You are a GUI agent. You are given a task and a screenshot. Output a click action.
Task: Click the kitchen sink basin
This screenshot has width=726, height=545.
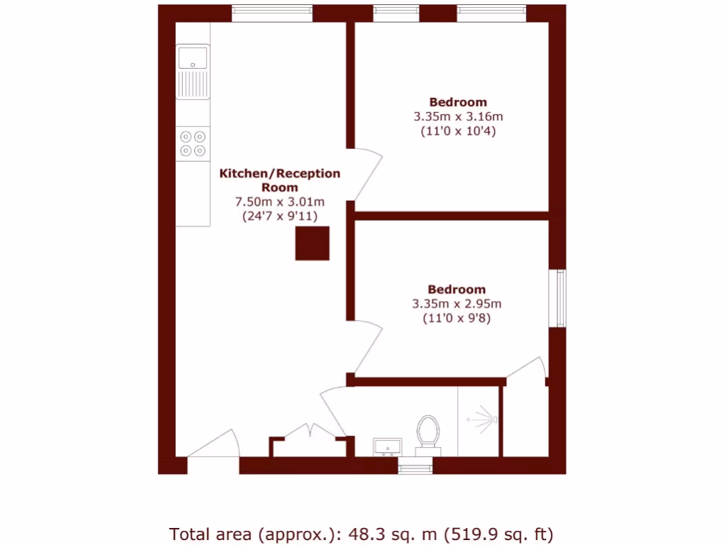[193, 57]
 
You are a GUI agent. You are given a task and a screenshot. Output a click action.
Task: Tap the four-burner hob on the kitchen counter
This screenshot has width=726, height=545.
[193, 143]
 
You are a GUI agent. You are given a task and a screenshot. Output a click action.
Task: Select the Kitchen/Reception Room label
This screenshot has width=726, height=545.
[279, 180]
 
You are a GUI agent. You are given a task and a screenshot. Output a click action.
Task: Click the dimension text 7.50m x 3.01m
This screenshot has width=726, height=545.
[279, 202]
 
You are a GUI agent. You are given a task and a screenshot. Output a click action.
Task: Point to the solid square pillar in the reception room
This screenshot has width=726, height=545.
[312, 243]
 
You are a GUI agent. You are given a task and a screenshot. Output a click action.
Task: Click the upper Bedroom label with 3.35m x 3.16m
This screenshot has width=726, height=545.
[458, 102]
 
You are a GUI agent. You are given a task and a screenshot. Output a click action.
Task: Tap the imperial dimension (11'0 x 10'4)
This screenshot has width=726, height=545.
[458, 131]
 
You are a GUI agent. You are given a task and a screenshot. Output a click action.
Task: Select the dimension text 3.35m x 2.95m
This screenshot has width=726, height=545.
[457, 304]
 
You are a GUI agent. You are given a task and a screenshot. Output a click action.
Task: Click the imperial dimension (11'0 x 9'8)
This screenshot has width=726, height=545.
[457, 319]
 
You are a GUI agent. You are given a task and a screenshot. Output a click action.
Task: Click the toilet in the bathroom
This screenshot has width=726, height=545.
[428, 433]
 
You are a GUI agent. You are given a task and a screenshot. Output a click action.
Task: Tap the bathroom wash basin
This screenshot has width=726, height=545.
[387, 446]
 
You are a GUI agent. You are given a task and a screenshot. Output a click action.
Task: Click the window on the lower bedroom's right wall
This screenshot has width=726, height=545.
[560, 298]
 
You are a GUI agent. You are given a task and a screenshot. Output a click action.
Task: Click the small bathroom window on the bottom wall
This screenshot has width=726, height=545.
[415, 467]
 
